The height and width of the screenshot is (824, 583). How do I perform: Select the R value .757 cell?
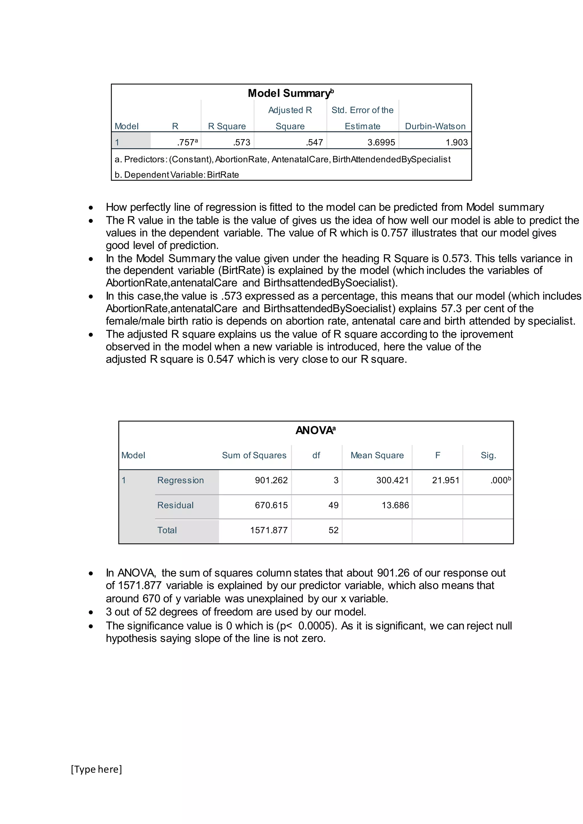[187, 143]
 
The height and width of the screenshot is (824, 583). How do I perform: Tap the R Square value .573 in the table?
[242, 143]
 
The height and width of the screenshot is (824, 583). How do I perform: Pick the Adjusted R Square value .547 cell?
[315, 143]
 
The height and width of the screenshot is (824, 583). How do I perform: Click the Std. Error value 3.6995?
[381, 143]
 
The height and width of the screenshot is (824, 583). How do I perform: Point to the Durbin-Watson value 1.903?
[457, 143]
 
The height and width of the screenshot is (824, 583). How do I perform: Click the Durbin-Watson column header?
[435, 126]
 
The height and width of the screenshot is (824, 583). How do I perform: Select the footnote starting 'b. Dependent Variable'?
[176, 175]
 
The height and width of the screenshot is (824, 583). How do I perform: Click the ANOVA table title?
[315, 430]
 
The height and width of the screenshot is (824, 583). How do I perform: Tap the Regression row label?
[180, 480]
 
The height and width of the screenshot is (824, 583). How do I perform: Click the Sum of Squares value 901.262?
[271, 480]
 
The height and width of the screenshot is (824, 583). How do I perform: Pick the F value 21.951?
[446, 480]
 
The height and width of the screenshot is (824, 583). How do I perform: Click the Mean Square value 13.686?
[395, 505]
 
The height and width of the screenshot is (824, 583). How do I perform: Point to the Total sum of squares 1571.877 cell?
[269, 530]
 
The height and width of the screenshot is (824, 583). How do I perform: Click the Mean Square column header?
[377, 456]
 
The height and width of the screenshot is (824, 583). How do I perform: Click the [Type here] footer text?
[96, 769]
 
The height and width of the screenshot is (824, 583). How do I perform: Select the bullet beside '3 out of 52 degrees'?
[91, 613]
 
